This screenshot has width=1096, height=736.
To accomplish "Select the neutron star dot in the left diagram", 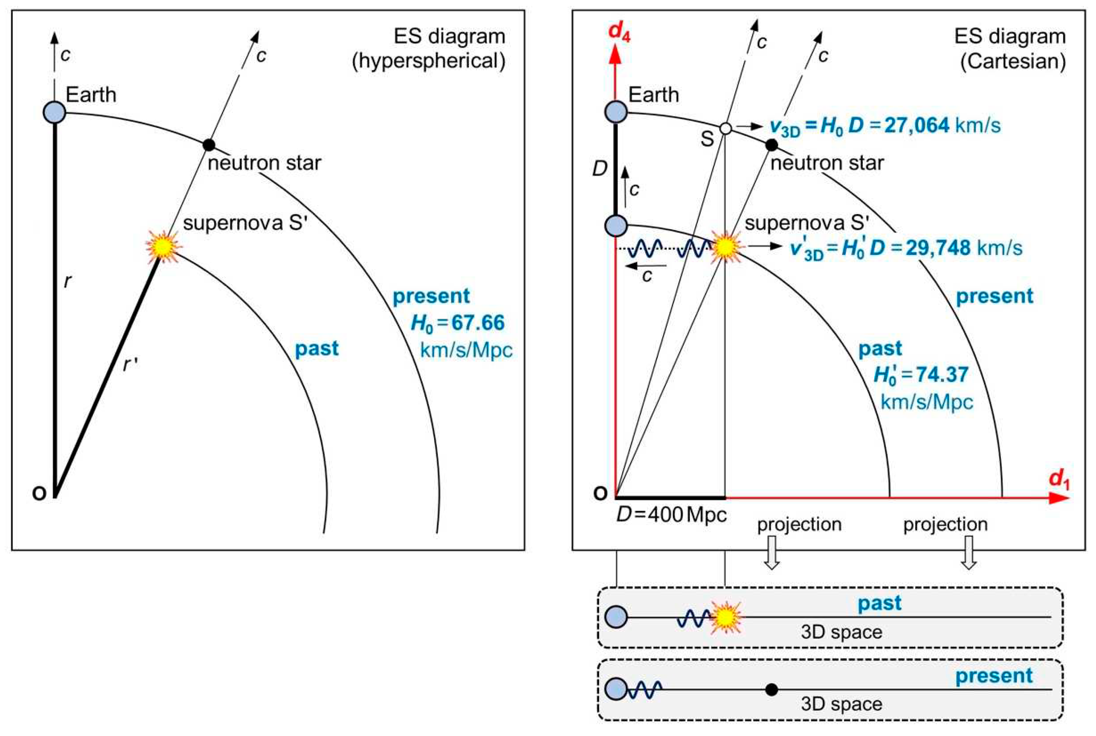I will [x=209, y=144].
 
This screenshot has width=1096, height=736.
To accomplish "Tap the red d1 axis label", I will [x=1059, y=480].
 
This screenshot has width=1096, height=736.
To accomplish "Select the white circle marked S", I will [x=725, y=128].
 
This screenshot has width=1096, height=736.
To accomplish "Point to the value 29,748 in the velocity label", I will [x=938, y=248].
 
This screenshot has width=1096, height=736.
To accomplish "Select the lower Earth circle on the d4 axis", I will [x=616, y=226].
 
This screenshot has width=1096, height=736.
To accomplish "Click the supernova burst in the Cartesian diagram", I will [x=726, y=247].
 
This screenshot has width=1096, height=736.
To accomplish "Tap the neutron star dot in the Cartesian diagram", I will [x=771, y=145].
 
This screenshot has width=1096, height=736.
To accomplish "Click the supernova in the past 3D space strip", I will [x=726, y=618].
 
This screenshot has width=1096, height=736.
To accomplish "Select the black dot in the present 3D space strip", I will [x=771, y=689].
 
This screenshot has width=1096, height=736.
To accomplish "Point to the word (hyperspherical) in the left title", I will [x=429, y=61].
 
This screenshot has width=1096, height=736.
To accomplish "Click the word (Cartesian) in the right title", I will [x=1012, y=61].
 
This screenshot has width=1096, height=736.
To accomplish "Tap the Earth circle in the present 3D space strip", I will [x=616, y=689].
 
